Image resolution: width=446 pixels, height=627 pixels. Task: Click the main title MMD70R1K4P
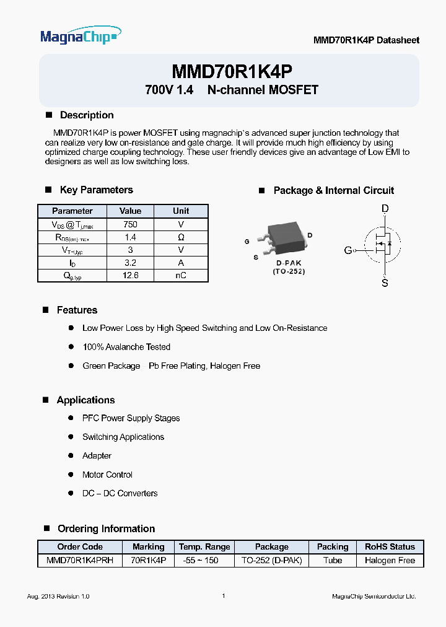(232, 71)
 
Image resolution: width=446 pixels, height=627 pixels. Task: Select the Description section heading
(86, 115)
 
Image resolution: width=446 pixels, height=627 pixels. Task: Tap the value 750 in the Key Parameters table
(130, 224)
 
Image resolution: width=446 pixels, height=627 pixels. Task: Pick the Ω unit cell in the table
(181, 237)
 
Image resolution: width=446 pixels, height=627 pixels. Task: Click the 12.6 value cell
(130, 276)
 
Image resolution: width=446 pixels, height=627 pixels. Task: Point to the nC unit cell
(181, 276)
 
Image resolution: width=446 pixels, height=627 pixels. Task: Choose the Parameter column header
(72, 211)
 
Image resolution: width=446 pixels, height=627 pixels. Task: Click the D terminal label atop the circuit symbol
(385, 209)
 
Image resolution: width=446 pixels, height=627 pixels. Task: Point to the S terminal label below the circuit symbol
(385, 283)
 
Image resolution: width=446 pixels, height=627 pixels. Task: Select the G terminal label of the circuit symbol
(348, 250)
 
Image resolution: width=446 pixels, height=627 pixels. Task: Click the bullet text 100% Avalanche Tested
(126, 347)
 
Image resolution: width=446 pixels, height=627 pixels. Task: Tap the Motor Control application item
(107, 475)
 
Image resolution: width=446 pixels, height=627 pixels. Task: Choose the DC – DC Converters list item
(120, 493)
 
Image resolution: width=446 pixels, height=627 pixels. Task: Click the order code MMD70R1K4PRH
(80, 560)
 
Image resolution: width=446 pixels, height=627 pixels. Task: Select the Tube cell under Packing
(333, 560)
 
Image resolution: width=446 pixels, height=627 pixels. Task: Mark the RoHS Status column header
(390, 546)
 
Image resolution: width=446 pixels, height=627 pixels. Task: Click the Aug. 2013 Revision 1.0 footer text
(58, 596)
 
